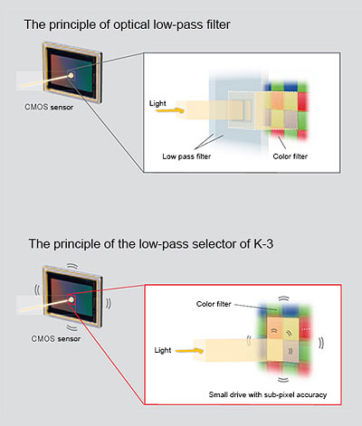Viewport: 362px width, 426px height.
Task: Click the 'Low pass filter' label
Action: [x=186, y=156]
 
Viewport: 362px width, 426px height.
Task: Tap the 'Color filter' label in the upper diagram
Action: [x=291, y=156]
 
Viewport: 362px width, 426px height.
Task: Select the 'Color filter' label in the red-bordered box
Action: [x=214, y=304]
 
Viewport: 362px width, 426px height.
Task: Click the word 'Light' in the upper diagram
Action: [x=157, y=103]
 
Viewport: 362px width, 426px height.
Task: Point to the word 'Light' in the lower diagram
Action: [x=163, y=350]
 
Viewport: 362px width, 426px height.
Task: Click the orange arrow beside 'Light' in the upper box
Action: [x=170, y=110]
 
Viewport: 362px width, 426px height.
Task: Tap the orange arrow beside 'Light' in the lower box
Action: [x=189, y=351]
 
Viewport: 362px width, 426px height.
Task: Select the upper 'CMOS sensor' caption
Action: [x=49, y=107]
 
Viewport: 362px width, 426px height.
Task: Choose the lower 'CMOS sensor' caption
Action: [x=56, y=338]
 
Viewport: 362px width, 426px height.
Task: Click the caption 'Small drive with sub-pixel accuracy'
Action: [x=268, y=394]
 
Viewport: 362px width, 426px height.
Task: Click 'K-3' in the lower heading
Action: [x=263, y=243]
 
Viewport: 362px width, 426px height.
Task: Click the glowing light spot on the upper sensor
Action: [x=71, y=75]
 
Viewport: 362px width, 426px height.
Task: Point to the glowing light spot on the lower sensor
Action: [x=71, y=299]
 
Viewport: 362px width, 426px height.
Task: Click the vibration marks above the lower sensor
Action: [x=72, y=266]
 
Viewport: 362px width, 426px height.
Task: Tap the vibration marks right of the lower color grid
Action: [x=321, y=343]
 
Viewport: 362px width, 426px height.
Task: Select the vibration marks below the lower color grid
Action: [x=283, y=380]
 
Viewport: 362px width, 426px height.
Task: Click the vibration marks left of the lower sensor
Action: [x=37, y=289]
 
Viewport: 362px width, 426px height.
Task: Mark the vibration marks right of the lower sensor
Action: [x=109, y=304]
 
